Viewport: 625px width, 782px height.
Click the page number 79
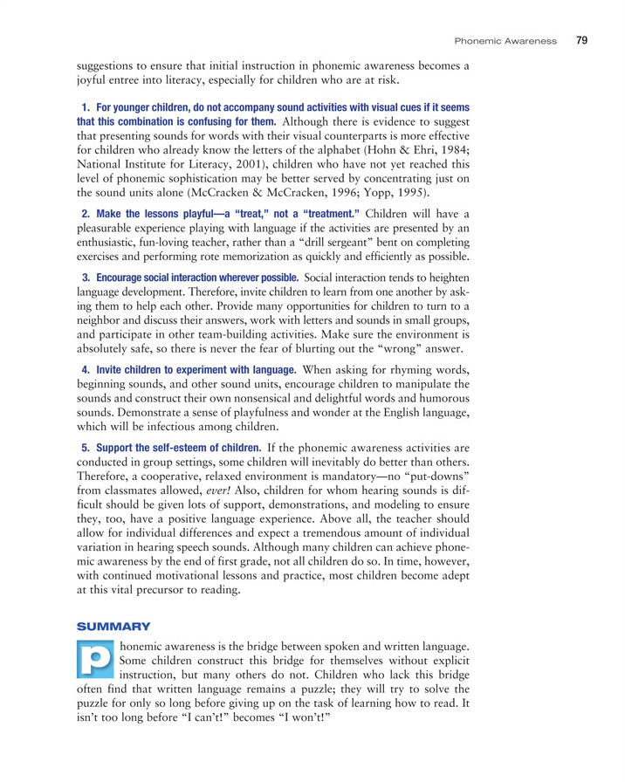582,39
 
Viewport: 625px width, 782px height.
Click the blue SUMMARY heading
113,626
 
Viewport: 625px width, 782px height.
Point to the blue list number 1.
86,106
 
